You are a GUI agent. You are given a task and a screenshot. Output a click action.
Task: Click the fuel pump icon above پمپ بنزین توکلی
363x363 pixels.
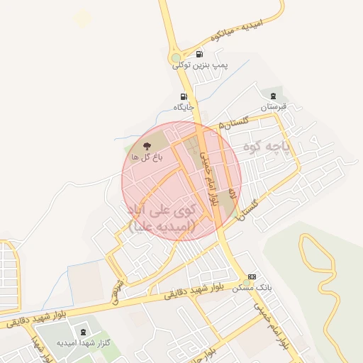pyautogui.click(x=199, y=55)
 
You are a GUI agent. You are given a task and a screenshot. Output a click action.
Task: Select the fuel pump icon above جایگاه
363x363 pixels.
pyautogui.click(x=184, y=97)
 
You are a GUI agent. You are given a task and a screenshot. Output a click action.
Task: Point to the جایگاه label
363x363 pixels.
pyautogui.click(x=184, y=107)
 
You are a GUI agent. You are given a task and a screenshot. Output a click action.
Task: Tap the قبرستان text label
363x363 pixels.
pyautogui.click(x=273, y=107)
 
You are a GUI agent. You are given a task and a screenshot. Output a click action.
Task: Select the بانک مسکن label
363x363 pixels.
pyautogui.click(x=252, y=288)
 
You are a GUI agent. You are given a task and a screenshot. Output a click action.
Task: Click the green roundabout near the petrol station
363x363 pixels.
pyautogui.click(x=177, y=58)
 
